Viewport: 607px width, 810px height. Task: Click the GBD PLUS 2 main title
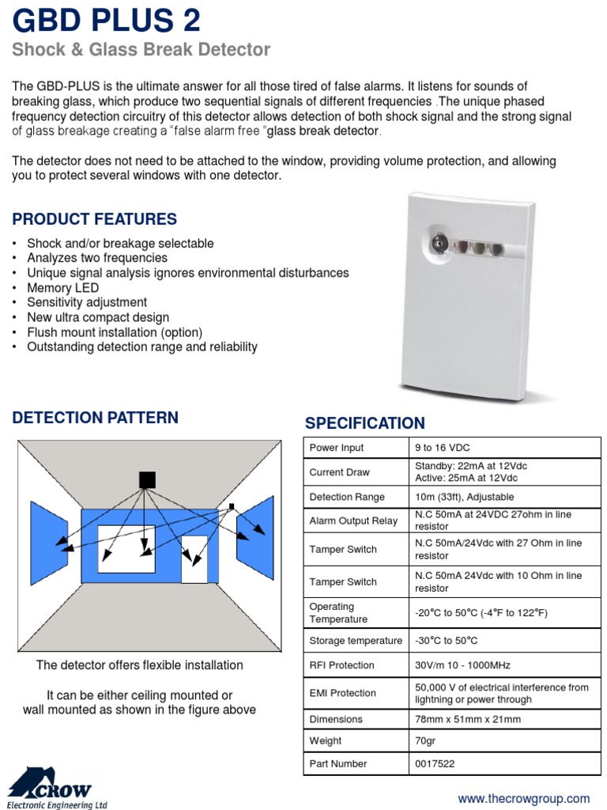106,20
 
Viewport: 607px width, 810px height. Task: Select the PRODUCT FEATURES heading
94,219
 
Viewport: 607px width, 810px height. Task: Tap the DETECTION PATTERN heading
95,418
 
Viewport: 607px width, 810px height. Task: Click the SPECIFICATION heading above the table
364,423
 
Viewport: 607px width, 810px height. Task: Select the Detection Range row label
347,497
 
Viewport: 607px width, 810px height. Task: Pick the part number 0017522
435,763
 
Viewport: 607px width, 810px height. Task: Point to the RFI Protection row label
341,665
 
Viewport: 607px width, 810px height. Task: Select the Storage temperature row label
356,641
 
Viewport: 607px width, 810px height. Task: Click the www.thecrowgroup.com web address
524,798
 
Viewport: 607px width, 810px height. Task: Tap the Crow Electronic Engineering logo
55,788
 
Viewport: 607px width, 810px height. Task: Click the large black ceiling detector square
147,479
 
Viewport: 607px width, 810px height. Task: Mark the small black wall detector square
232,505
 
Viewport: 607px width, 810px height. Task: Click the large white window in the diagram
126,548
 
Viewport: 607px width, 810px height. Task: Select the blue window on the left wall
49,543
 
